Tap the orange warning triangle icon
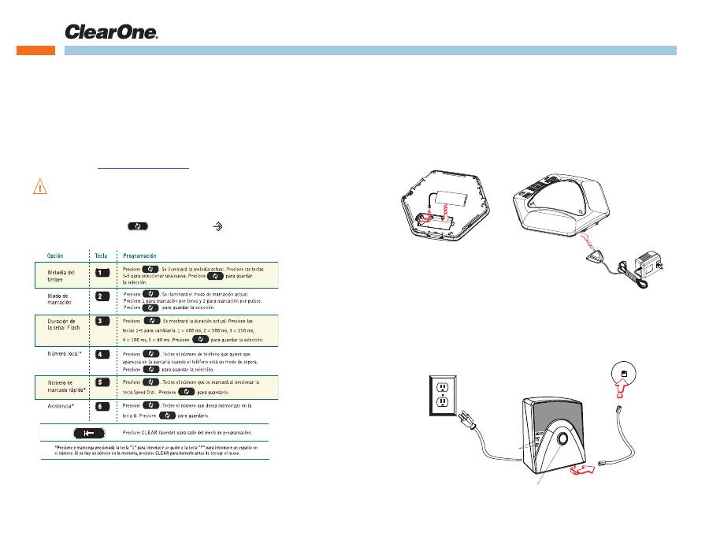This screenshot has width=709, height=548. point(39,187)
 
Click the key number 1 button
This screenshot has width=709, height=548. point(102,272)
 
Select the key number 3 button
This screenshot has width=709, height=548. point(102,322)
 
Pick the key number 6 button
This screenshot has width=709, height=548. point(102,407)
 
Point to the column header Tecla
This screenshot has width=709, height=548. point(102,256)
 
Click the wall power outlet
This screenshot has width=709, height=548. point(442,393)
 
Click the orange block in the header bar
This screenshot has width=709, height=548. point(36,50)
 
